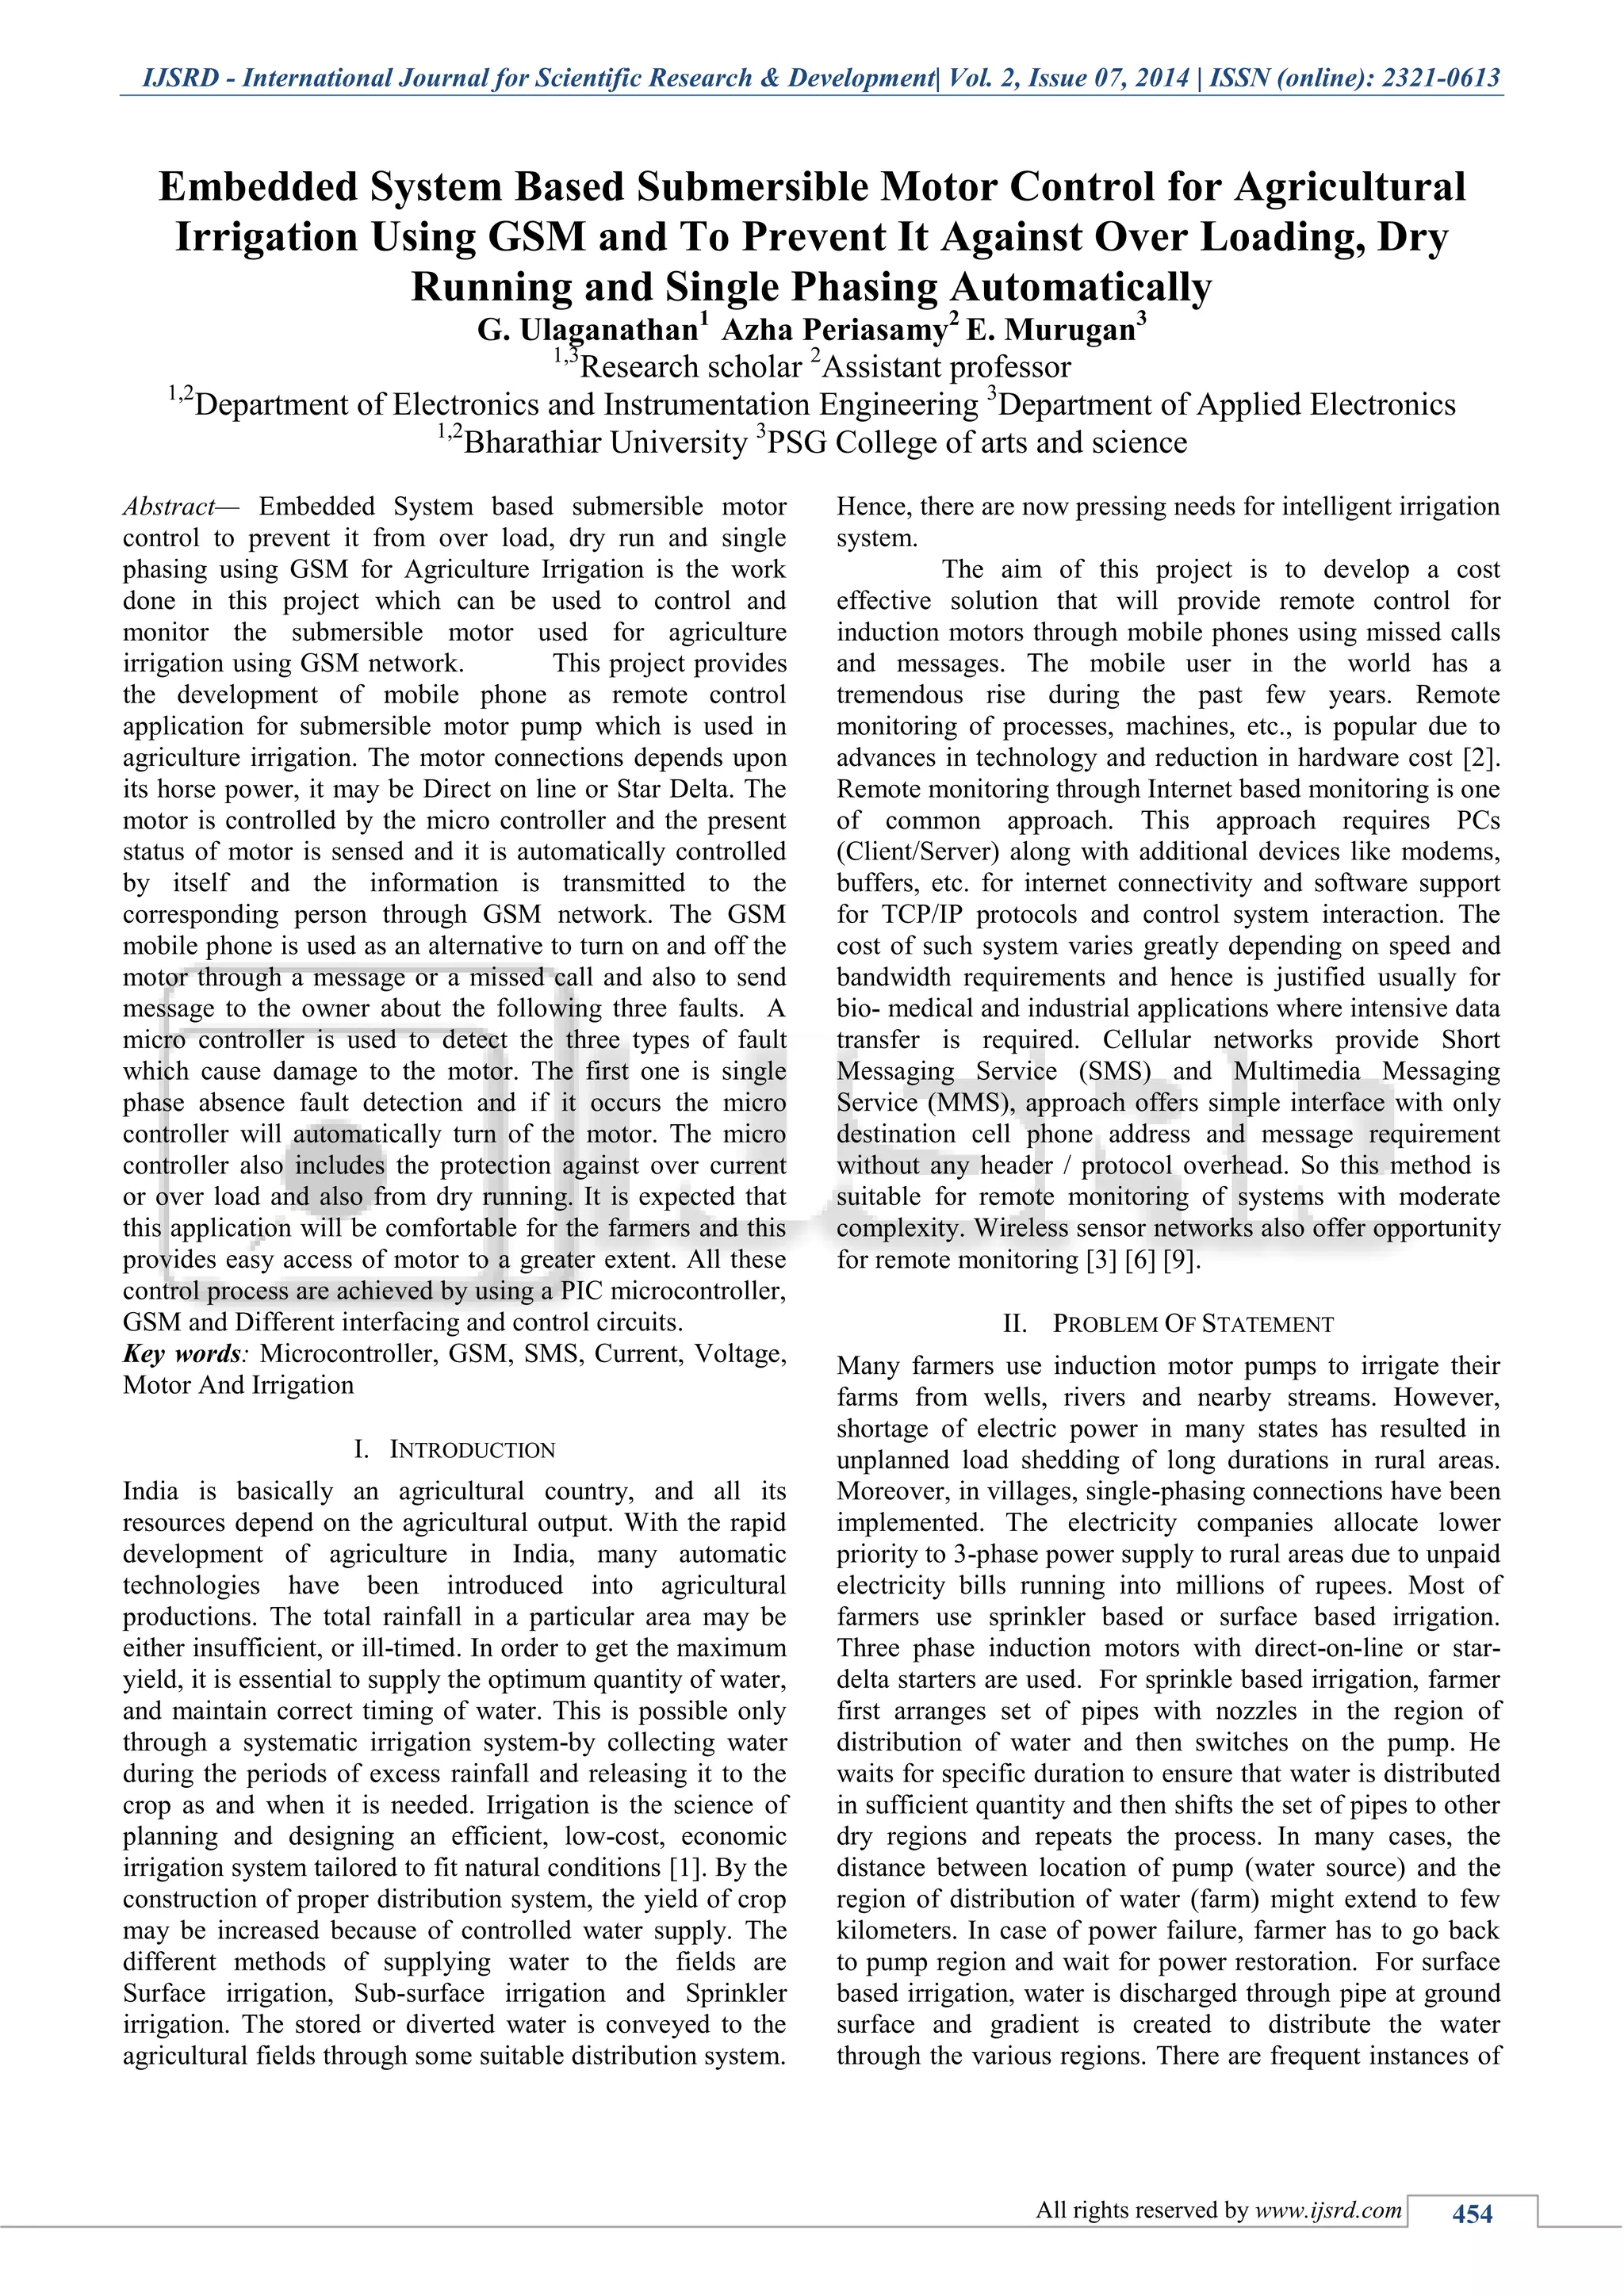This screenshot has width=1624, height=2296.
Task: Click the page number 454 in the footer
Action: tap(1471, 2214)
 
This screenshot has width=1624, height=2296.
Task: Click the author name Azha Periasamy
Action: tap(834, 329)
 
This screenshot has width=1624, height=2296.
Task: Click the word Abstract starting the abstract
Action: tap(169, 507)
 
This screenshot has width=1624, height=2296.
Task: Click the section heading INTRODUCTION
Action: tap(471, 1450)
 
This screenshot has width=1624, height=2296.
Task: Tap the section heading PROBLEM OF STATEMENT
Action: tap(1192, 1324)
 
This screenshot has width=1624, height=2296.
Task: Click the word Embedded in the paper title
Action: tap(258, 187)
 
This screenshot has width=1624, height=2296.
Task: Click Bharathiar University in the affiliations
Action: tap(605, 442)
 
